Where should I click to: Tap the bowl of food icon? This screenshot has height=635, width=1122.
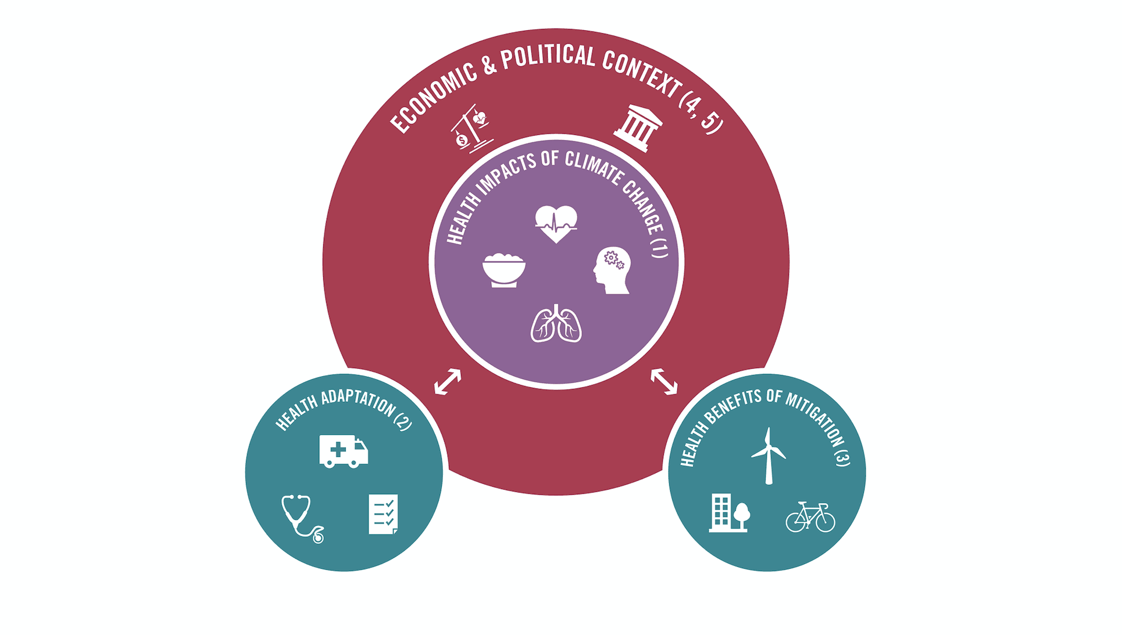[503, 270]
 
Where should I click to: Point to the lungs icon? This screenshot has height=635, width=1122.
[556, 324]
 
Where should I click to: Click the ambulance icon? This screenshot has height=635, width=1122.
[343, 451]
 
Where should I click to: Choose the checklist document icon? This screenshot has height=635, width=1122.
[383, 514]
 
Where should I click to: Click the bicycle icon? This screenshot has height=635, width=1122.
[810, 517]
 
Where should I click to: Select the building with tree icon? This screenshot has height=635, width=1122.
[729, 513]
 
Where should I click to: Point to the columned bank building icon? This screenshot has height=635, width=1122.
[638, 128]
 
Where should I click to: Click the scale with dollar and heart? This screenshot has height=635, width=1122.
[471, 129]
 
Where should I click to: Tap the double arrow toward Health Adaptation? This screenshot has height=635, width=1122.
[448, 381]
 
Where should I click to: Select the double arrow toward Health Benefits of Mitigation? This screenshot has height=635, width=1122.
[664, 381]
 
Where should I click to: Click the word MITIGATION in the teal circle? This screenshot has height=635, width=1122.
[814, 415]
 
